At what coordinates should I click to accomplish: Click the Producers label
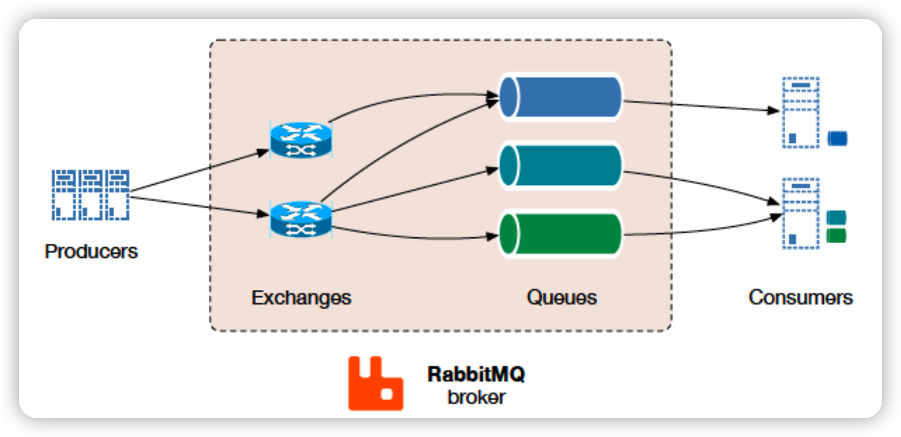pyautogui.click(x=91, y=252)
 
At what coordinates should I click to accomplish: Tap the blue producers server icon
pyautogui.click(x=90, y=195)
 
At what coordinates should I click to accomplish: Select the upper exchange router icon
pyautogui.click(x=301, y=140)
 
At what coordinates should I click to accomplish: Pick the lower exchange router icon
pyautogui.click(x=301, y=220)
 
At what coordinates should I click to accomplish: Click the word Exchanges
pyautogui.click(x=301, y=298)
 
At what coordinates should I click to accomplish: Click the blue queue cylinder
pyautogui.click(x=560, y=97)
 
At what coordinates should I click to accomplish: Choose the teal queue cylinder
pyautogui.click(x=560, y=166)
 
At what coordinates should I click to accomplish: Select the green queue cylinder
pyautogui.click(x=560, y=234)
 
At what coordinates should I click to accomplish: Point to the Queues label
pyautogui.click(x=561, y=298)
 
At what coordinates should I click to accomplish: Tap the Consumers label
pyautogui.click(x=800, y=298)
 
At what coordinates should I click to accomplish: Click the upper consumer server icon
pyautogui.click(x=801, y=112)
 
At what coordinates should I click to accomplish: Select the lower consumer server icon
pyautogui.click(x=801, y=213)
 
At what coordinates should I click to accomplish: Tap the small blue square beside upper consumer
pyautogui.click(x=837, y=139)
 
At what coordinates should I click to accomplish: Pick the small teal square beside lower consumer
pyautogui.click(x=836, y=217)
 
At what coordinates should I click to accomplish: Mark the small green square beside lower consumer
pyautogui.click(x=836, y=236)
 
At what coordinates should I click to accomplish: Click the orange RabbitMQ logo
pyautogui.click(x=375, y=384)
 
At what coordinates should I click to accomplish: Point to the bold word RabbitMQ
pyautogui.click(x=476, y=374)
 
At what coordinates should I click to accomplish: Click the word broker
pyautogui.click(x=476, y=398)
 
